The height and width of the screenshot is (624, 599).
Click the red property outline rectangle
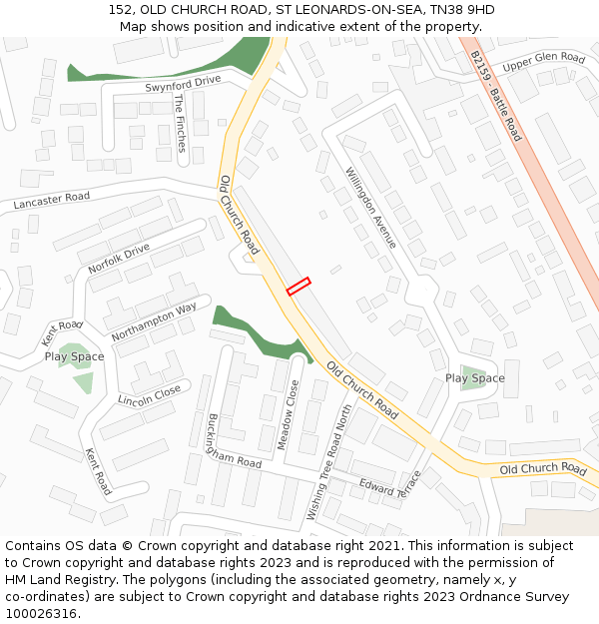[299, 287]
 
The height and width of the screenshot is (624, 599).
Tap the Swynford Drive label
[183, 84]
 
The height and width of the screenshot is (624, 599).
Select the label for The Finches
[179, 123]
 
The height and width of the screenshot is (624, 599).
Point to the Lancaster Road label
[51, 201]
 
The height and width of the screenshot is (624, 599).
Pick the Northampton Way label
[154, 322]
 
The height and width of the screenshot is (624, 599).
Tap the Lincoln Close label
[150, 395]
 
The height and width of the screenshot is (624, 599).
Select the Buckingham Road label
[233, 442]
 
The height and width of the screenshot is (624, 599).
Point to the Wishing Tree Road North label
[330, 463]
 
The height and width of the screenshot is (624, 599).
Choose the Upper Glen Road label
[543, 63]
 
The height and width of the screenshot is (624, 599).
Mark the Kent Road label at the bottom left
[98, 471]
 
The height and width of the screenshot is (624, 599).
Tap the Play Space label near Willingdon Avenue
[474, 378]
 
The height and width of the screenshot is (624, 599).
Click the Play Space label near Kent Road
[74, 356]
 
